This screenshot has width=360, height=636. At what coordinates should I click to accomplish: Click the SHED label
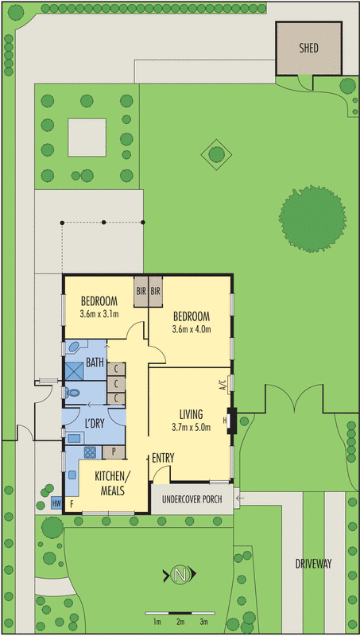[x=308, y=48]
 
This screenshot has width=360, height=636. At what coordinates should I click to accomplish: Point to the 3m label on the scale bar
[x=204, y=621]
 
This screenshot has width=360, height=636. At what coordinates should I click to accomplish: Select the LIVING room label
[x=191, y=414]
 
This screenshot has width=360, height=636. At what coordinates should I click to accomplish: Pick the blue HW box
[x=56, y=503]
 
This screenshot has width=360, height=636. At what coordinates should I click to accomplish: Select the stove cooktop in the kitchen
[x=90, y=453]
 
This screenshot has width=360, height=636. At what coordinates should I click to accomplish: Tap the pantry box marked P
[x=114, y=453]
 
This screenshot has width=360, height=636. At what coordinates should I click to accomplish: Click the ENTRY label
[x=162, y=458]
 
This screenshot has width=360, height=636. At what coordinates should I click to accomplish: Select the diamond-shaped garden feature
[x=215, y=152]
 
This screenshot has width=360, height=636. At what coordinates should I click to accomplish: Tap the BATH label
[x=95, y=363]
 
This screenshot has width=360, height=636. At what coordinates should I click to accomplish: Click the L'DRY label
[x=95, y=423]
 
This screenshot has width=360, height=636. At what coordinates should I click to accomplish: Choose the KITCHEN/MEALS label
[x=112, y=483]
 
